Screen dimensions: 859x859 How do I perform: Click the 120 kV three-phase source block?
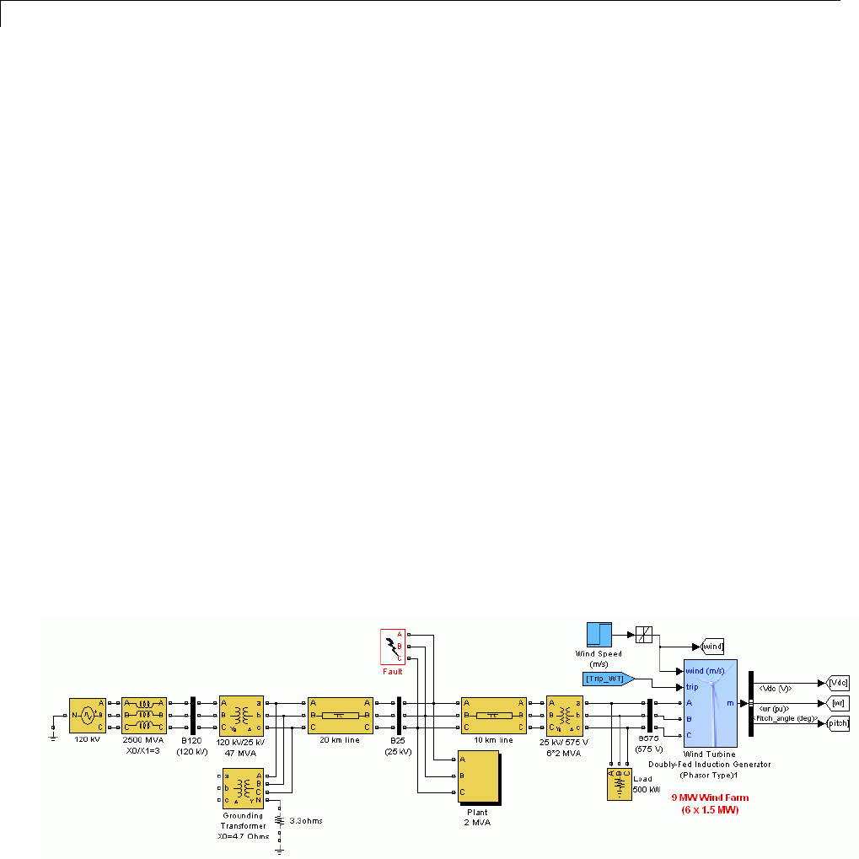point(86,715)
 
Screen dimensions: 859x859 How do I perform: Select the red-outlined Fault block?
point(393,647)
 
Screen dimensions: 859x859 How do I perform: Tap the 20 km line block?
point(340,715)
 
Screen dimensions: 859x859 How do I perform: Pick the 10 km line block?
point(493,715)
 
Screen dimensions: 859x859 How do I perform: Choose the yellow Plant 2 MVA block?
point(476,776)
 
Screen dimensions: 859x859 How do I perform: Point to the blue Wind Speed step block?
point(599,635)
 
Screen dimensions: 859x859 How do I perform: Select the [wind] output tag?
point(711,647)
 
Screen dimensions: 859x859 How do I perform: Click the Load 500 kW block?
point(620,784)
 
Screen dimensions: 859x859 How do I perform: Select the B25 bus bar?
point(398,715)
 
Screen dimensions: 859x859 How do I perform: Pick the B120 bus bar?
point(193,715)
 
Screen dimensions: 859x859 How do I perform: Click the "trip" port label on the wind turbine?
point(692,687)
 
